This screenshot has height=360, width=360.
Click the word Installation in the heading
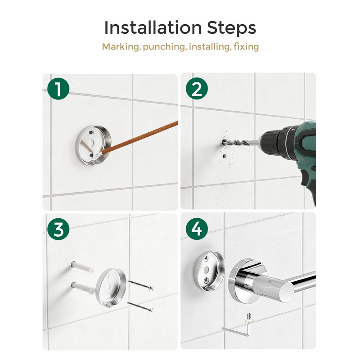coord(153,27)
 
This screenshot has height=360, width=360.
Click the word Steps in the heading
coord(232,28)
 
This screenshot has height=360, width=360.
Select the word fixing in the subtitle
coord(246,47)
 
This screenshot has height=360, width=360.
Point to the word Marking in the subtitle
coord(121,47)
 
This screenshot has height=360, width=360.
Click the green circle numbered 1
coord(58,89)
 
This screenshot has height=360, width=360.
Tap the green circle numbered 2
coord(197,89)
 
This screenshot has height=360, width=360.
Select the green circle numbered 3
coord(58,229)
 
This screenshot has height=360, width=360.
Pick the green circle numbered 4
coord(197,229)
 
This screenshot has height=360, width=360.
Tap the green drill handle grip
coord(306,181)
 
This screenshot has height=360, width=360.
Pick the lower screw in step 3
coord(140,307)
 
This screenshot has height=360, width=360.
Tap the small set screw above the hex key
coord(249,317)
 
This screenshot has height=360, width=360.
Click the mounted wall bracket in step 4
coord(209,271)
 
